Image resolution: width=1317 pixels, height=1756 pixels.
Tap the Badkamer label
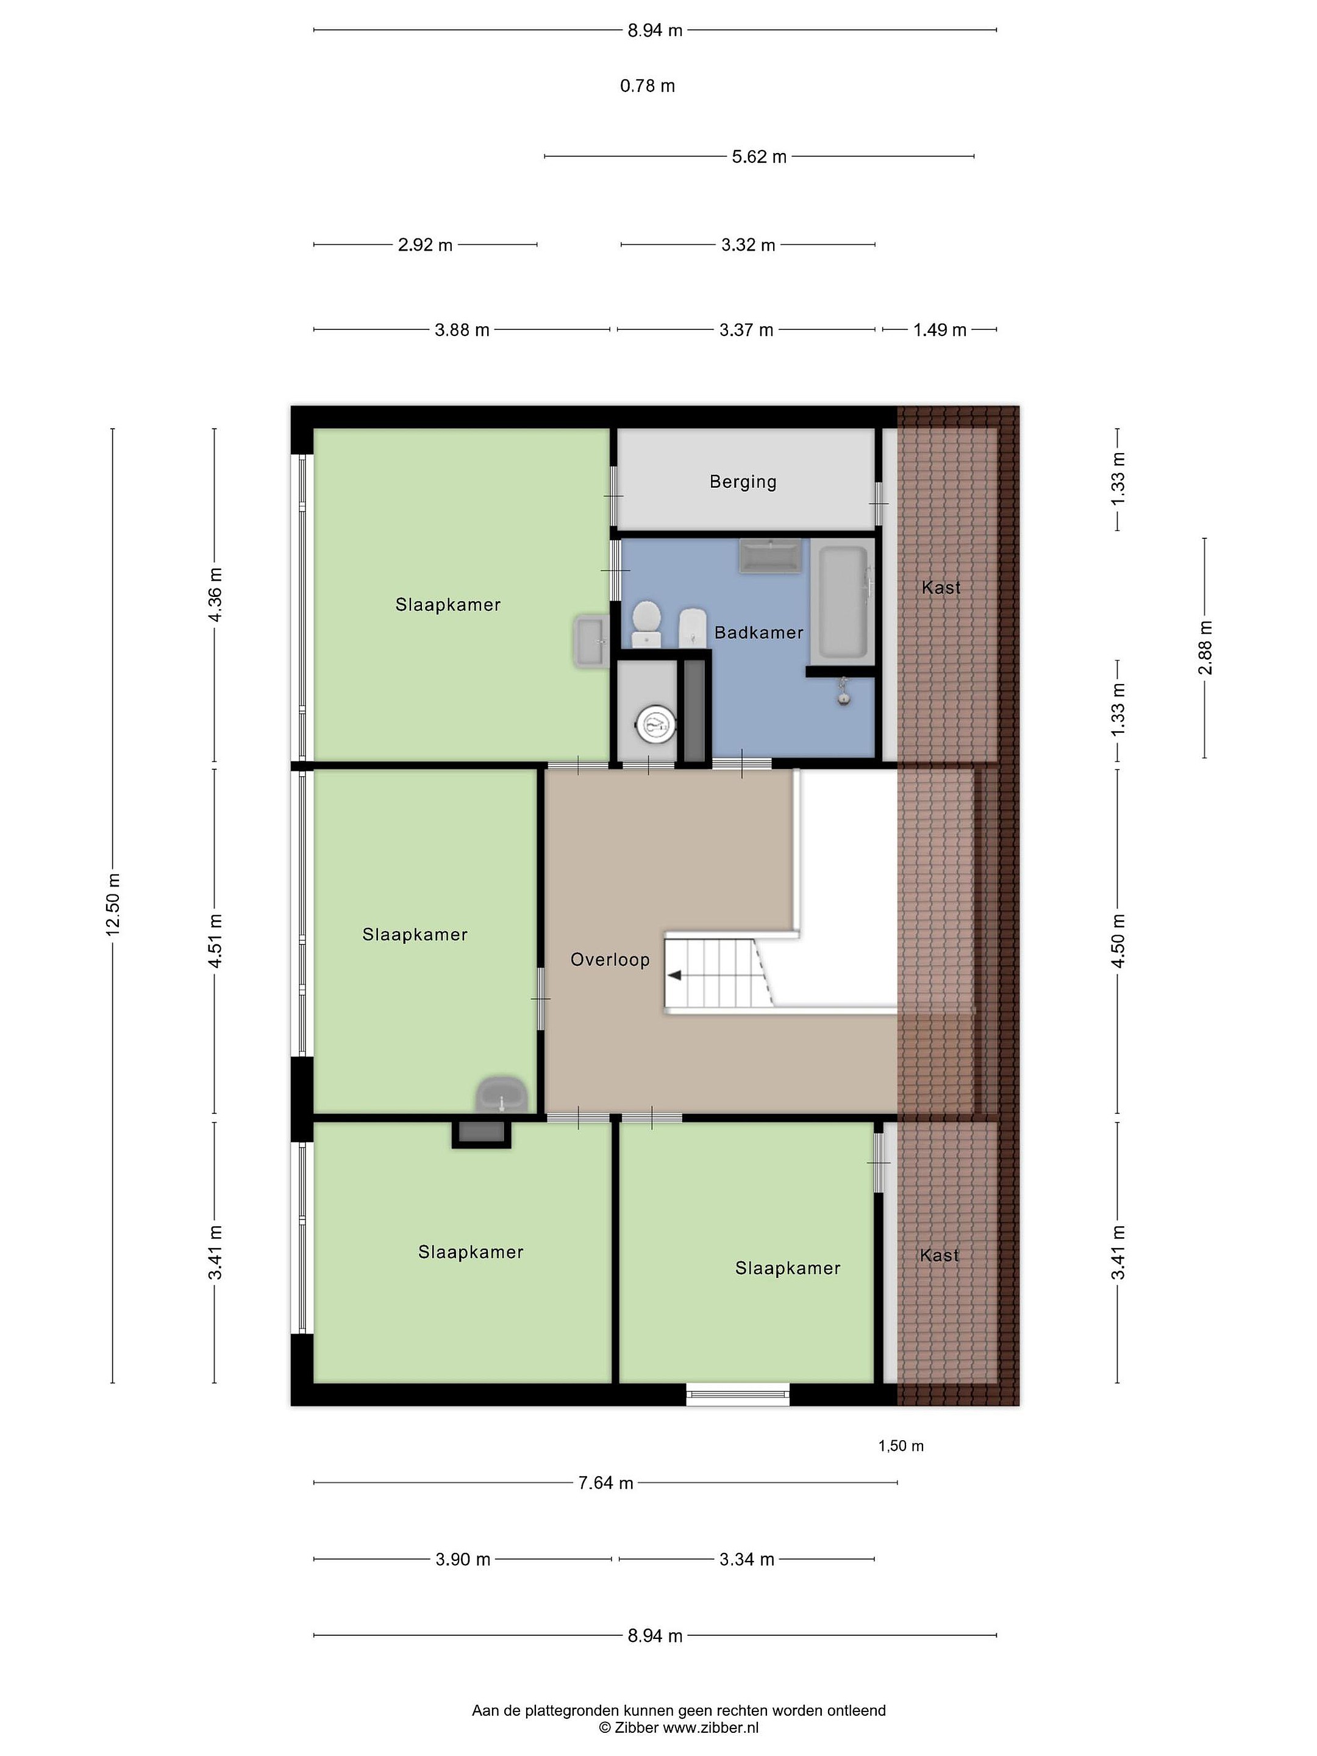[759, 633]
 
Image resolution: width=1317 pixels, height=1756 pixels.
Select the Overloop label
[610, 960]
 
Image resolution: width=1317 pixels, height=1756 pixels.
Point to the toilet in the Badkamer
[646, 624]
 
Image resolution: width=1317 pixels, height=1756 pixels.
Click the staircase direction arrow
[676, 976]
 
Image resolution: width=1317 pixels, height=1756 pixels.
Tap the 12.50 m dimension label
[113, 904]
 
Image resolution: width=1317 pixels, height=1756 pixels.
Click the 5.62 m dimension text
[759, 156]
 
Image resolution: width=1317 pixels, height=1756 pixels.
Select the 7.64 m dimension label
[605, 1483]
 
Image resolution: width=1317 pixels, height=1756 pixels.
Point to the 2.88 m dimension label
[1205, 648]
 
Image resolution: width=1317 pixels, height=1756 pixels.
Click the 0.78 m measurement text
[647, 86]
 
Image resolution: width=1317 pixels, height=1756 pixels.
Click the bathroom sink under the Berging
[770, 555]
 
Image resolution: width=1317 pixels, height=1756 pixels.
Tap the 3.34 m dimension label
[746, 1559]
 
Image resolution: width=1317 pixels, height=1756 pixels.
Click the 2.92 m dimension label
[426, 245]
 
